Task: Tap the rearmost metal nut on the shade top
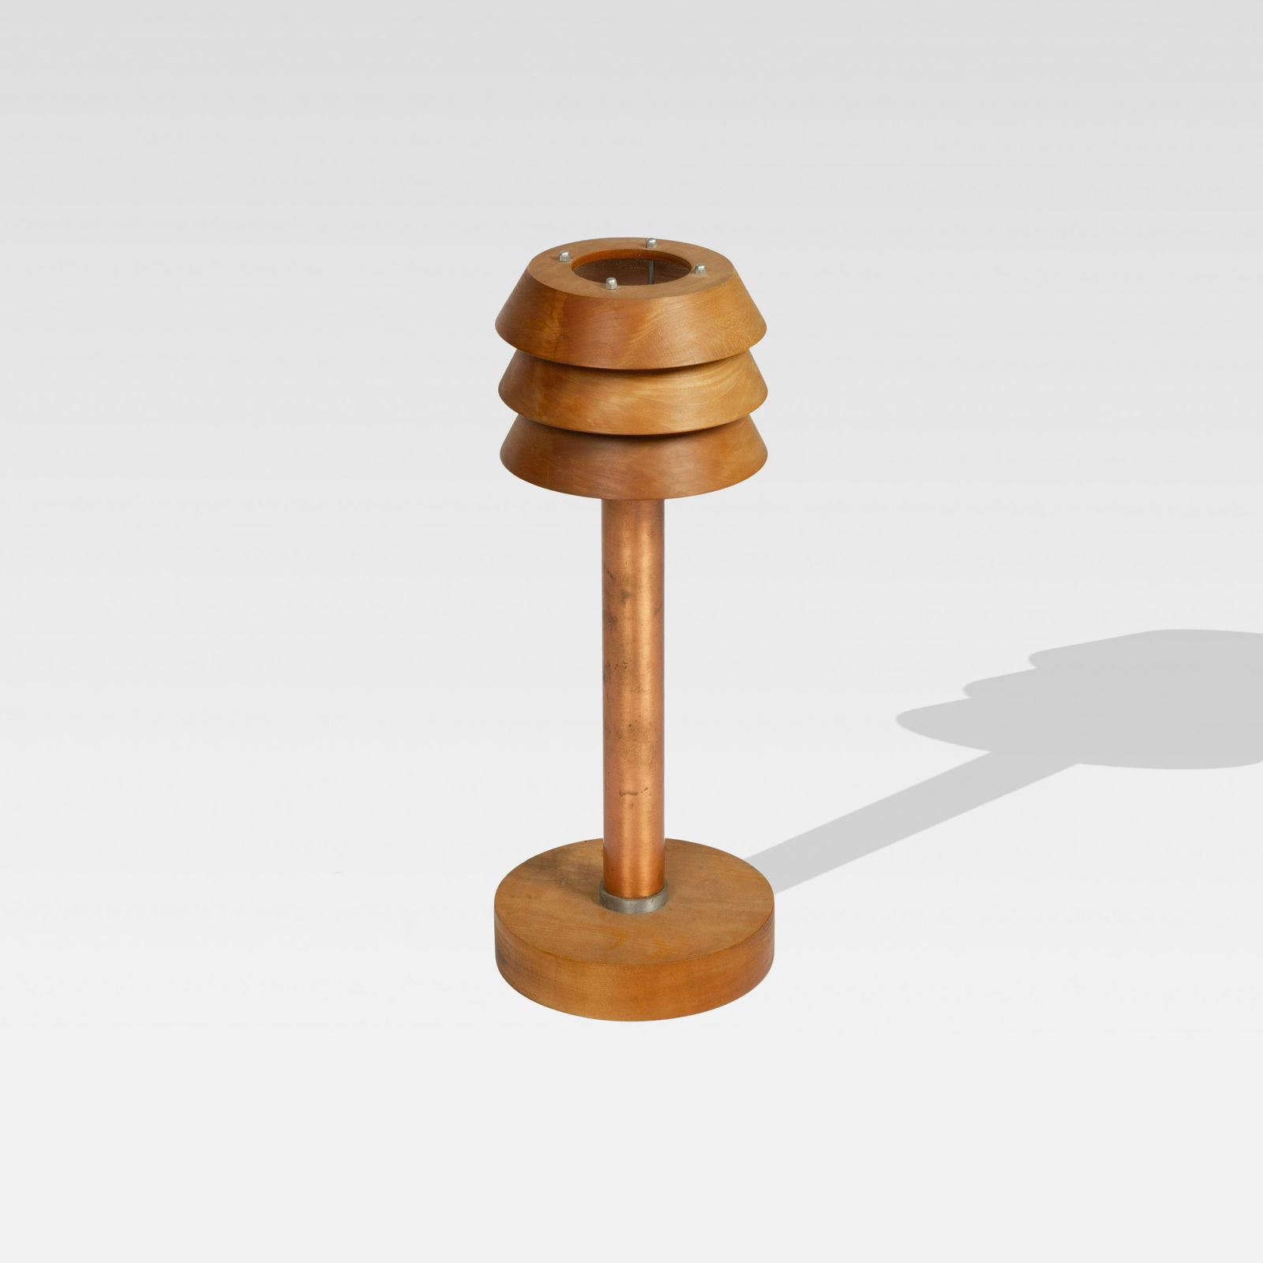point(652,243)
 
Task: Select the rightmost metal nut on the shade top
point(699,270)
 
